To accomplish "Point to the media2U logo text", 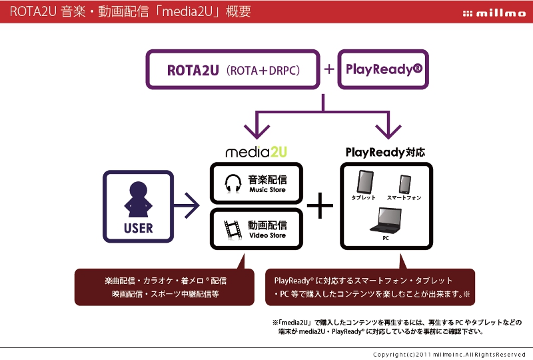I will (x=256, y=152).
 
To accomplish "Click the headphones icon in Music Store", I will (x=233, y=183).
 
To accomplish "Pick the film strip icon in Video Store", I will (x=233, y=229).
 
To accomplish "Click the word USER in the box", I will (x=139, y=229).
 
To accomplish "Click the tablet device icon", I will (x=364, y=182).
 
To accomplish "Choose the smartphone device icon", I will (x=404, y=184).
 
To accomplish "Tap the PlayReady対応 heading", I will (x=385, y=152).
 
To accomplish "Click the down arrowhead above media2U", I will (x=256, y=128).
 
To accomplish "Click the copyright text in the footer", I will (x=450, y=354).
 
